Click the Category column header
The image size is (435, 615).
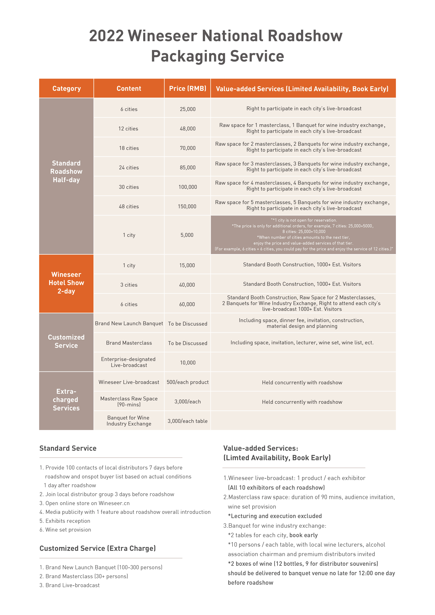[66, 89]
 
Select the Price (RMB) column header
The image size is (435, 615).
[187, 89]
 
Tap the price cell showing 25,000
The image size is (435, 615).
[187, 109]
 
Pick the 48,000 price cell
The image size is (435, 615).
[187, 129]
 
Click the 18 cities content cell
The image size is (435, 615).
[129, 148]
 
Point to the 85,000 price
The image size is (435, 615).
[187, 168]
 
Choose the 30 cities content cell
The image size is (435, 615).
[129, 187]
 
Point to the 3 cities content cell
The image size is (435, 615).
[129, 285]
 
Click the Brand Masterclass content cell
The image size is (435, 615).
[129, 343]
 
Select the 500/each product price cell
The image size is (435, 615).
[187, 382]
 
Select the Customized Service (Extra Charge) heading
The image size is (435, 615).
[97, 548]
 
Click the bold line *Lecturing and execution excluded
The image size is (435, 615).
[275, 516]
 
